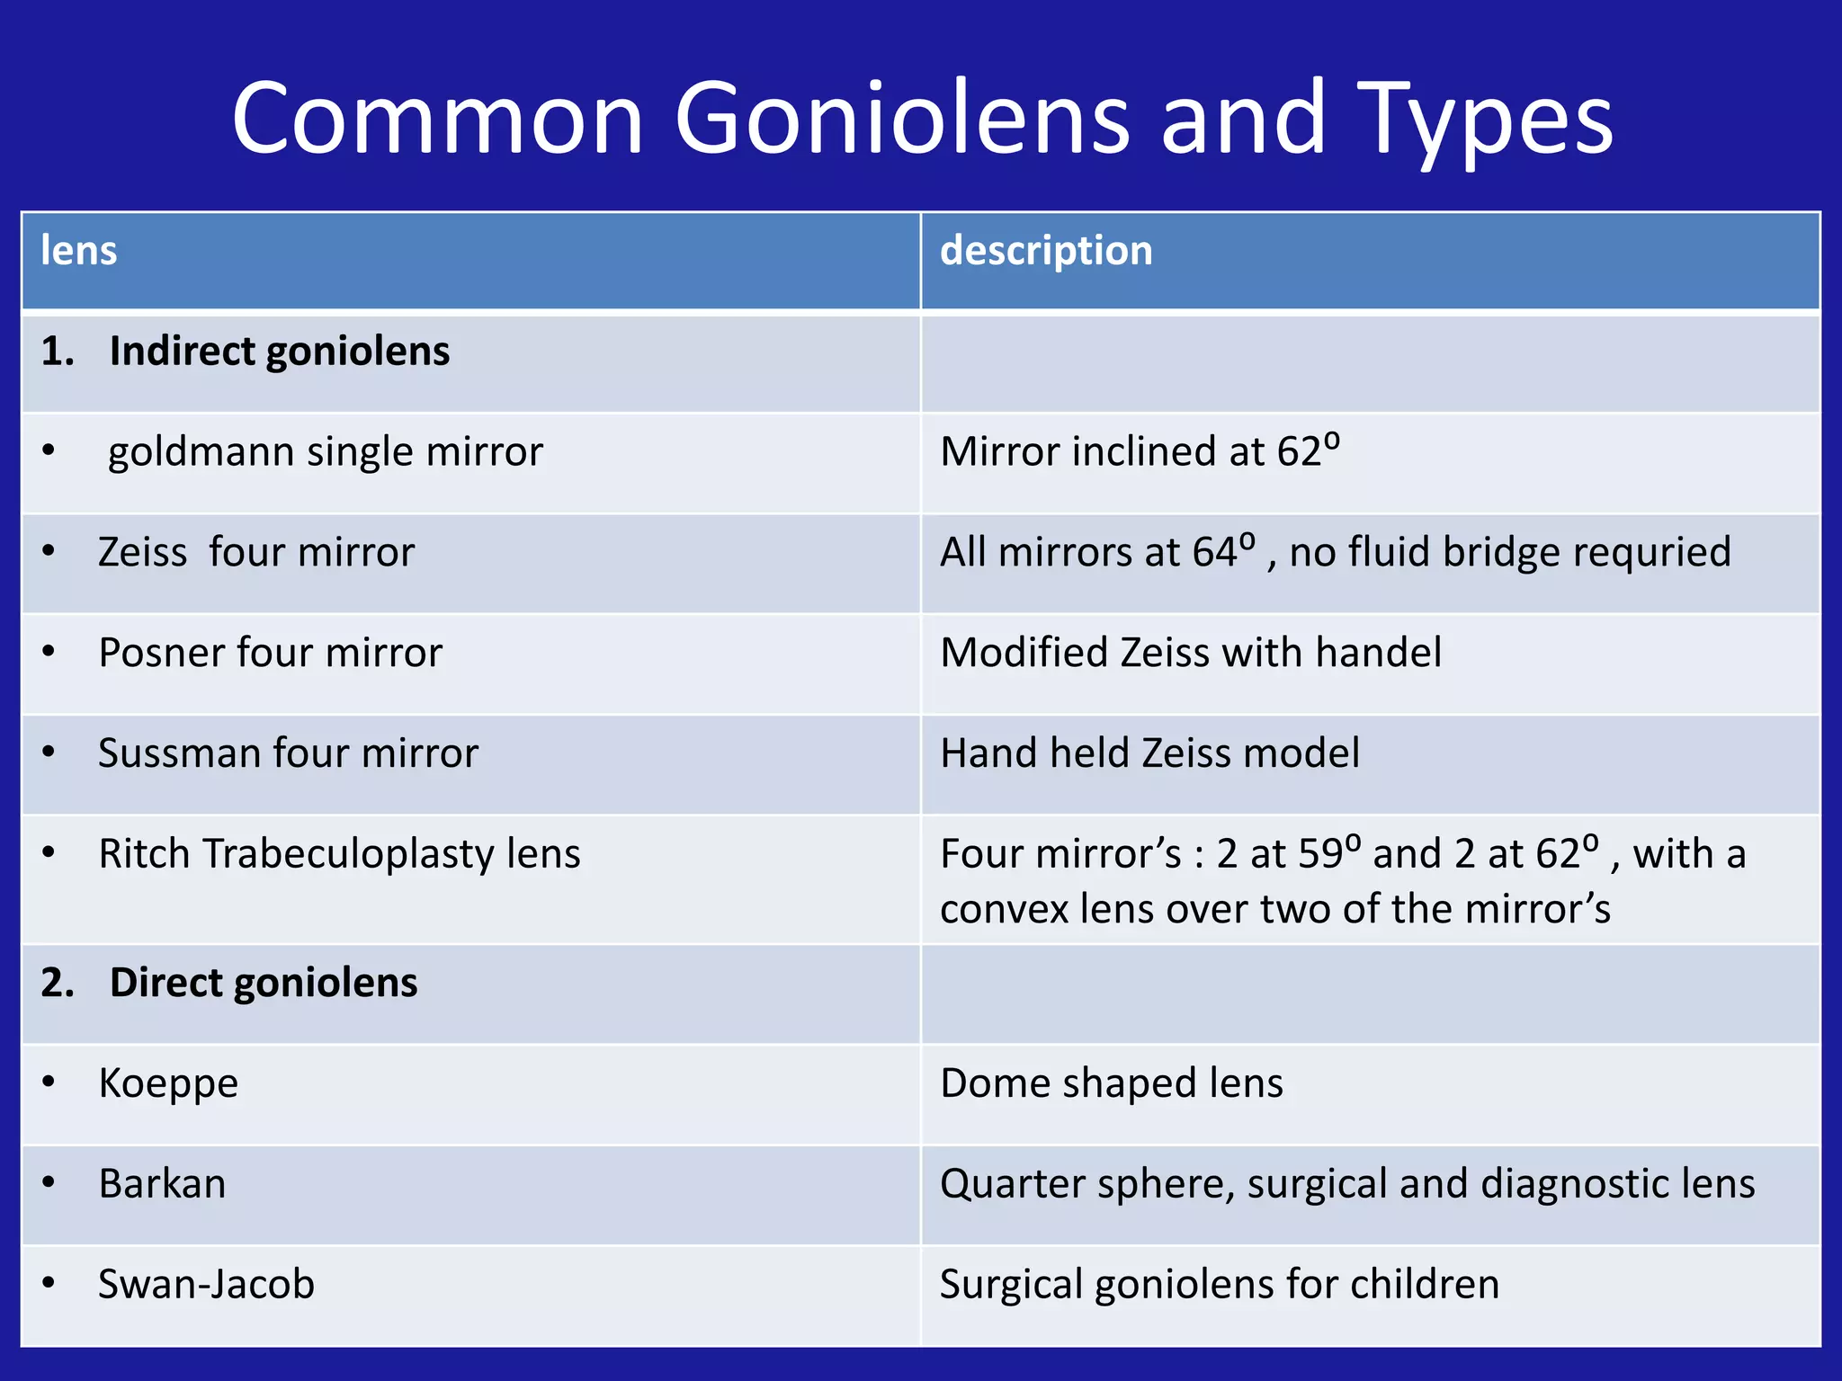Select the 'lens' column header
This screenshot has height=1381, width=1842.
tap(79, 251)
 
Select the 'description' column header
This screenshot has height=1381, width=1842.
tap(1046, 251)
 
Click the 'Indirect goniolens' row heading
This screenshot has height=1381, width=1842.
tap(279, 352)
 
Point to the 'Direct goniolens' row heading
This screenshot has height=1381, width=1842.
tap(263, 983)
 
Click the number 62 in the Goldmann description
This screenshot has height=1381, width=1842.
tap(1300, 452)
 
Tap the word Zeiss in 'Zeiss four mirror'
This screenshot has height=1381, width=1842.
tap(143, 552)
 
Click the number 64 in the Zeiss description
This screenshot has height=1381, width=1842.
tap(1215, 553)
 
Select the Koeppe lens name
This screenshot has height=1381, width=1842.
tap(168, 1083)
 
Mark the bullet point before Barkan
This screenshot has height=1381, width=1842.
tap(49, 1183)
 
